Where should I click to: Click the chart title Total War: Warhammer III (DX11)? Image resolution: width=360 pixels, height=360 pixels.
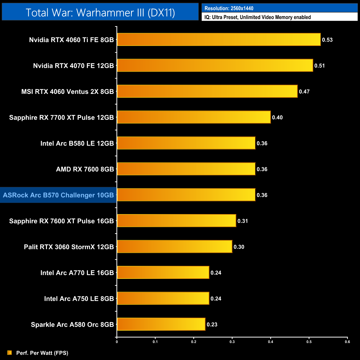(x=100, y=12)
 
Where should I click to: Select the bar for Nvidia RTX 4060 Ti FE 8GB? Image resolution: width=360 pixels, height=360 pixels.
(x=219, y=40)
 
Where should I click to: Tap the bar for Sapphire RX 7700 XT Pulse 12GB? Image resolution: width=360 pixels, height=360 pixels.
(x=194, y=117)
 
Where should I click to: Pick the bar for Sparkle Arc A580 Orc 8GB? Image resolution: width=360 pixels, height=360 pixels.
(x=161, y=324)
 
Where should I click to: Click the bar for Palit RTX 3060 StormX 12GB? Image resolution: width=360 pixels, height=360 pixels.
(x=174, y=247)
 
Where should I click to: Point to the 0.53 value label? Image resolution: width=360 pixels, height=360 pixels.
(x=327, y=40)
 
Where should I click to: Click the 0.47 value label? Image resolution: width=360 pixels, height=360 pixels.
(x=304, y=92)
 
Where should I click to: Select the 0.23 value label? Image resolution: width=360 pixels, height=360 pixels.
(x=212, y=325)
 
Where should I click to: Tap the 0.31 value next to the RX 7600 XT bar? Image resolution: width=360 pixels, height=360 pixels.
(x=243, y=221)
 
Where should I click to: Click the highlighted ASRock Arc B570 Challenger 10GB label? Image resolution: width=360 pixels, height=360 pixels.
(x=58, y=195)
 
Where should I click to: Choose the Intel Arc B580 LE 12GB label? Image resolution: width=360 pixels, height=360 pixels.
(x=77, y=143)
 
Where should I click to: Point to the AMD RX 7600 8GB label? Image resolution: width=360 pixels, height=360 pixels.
(x=85, y=169)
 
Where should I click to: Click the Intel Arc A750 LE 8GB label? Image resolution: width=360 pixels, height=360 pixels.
(x=79, y=299)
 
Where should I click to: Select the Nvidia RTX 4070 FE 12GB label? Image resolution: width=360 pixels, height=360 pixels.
(x=73, y=66)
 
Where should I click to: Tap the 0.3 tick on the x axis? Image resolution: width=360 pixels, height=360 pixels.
(x=232, y=342)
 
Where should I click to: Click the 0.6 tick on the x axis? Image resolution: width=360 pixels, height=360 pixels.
(x=347, y=342)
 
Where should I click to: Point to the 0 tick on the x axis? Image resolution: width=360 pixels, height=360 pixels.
(x=117, y=342)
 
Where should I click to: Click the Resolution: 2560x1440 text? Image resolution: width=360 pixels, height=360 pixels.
(x=229, y=8)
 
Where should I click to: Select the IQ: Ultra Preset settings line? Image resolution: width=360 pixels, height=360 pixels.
(x=258, y=17)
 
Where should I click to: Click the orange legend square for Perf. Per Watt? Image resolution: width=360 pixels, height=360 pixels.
(x=10, y=353)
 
